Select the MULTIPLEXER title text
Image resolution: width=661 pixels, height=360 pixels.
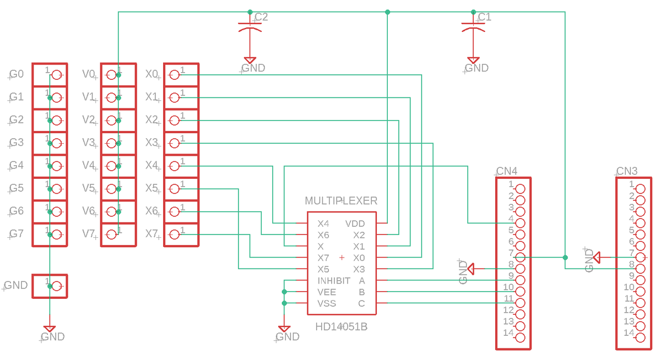point(341,200)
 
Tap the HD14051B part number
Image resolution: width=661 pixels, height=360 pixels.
point(341,327)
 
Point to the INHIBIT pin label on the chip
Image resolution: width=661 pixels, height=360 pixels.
point(334,281)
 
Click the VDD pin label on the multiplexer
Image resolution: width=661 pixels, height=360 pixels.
point(355,223)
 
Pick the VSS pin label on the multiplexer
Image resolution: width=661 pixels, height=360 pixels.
point(327,304)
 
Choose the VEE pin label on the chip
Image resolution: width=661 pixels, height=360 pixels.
point(327,292)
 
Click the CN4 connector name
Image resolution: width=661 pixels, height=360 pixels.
point(507,171)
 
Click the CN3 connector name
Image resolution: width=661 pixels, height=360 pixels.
point(627,171)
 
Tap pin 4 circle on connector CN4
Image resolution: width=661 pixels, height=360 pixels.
point(519,223)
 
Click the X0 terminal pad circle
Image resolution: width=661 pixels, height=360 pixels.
point(175,75)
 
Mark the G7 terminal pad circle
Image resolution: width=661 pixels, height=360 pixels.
point(56,234)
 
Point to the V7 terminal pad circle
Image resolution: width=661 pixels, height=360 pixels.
point(111,234)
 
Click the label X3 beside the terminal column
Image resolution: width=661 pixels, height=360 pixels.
point(151,143)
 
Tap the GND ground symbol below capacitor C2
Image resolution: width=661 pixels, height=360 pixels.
point(250,61)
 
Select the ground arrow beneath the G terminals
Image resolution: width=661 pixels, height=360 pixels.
point(49,329)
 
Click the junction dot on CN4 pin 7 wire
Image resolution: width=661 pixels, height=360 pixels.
point(565,257)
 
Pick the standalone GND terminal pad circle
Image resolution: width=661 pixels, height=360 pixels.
point(56,286)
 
